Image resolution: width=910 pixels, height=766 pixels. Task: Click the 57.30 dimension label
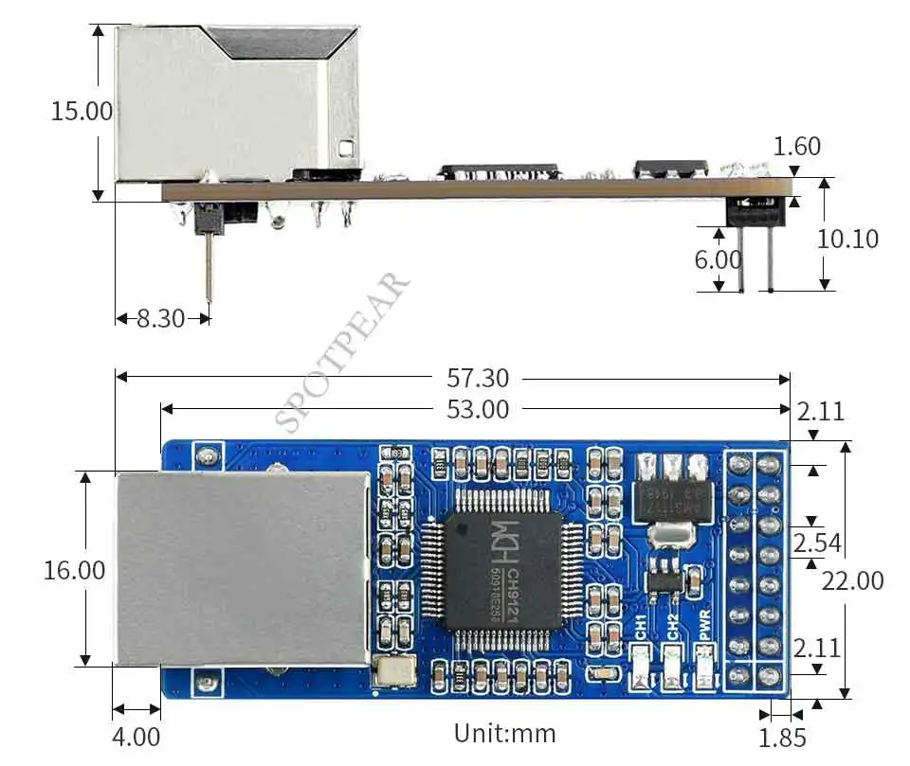click(x=478, y=379)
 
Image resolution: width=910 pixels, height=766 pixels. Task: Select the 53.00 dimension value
click(x=478, y=410)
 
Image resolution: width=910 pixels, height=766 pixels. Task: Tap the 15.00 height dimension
click(x=82, y=111)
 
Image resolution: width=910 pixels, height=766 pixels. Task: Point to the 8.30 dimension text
click(x=160, y=319)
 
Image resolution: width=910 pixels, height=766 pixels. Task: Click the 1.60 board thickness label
click(x=797, y=147)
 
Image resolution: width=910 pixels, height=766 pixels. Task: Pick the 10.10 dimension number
click(x=847, y=239)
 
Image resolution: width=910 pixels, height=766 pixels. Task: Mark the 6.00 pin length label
click(x=719, y=259)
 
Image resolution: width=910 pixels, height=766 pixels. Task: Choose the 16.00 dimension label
click(x=74, y=571)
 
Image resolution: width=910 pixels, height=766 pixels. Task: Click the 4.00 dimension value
click(x=136, y=736)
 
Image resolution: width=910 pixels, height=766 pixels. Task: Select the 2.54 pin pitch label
click(x=817, y=543)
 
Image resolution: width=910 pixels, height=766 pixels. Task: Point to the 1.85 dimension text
click(x=782, y=737)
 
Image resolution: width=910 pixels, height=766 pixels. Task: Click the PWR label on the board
click(x=704, y=627)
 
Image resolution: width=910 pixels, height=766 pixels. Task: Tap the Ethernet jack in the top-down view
click(x=242, y=568)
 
